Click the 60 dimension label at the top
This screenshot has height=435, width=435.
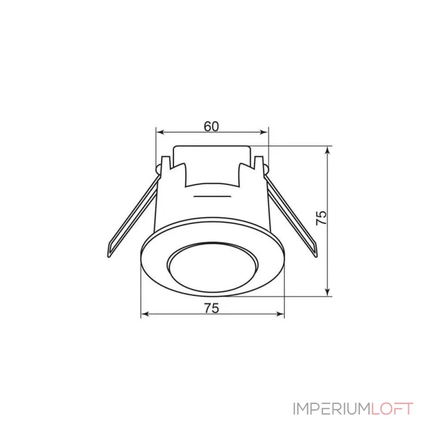[x=212, y=126]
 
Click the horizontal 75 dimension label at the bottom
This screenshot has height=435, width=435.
[x=212, y=308]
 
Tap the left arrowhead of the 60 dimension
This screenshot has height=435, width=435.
[x=159, y=132]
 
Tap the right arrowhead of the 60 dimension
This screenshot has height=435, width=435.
[x=265, y=132]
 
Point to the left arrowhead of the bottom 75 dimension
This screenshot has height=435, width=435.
[x=144, y=314]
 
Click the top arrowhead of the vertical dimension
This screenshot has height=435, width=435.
[x=328, y=149]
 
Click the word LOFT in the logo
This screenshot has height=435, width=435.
[x=393, y=409]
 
